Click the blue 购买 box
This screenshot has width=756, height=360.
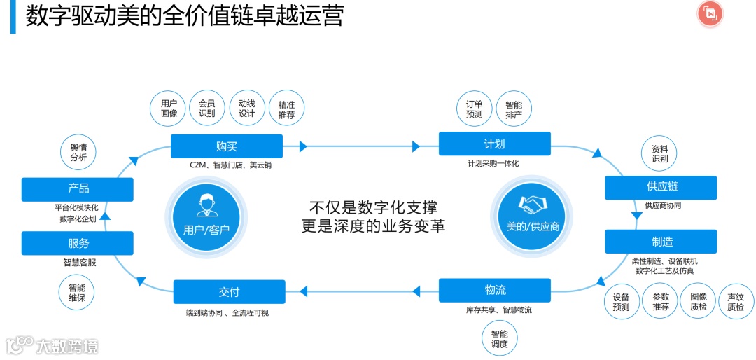click(x=227, y=146)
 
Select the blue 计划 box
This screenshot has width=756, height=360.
click(x=494, y=144)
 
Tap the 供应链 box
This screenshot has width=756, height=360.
click(x=661, y=187)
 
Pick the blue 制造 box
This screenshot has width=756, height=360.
click(x=661, y=242)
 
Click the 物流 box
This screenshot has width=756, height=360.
click(x=494, y=290)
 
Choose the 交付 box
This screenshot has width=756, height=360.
click(x=229, y=291)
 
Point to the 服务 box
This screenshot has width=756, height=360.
click(x=78, y=243)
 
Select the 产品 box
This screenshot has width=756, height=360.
click(x=78, y=188)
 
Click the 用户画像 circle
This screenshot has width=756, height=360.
click(x=169, y=109)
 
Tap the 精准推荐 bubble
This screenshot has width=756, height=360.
click(x=286, y=109)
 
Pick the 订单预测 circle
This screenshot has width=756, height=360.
click(x=475, y=109)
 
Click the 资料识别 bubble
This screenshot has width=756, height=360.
click(x=659, y=154)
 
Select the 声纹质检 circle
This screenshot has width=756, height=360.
click(x=736, y=301)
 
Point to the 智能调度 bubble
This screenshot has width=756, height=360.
click(x=500, y=339)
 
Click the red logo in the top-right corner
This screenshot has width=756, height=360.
click(x=710, y=14)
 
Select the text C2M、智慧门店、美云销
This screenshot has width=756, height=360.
click(x=227, y=166)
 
